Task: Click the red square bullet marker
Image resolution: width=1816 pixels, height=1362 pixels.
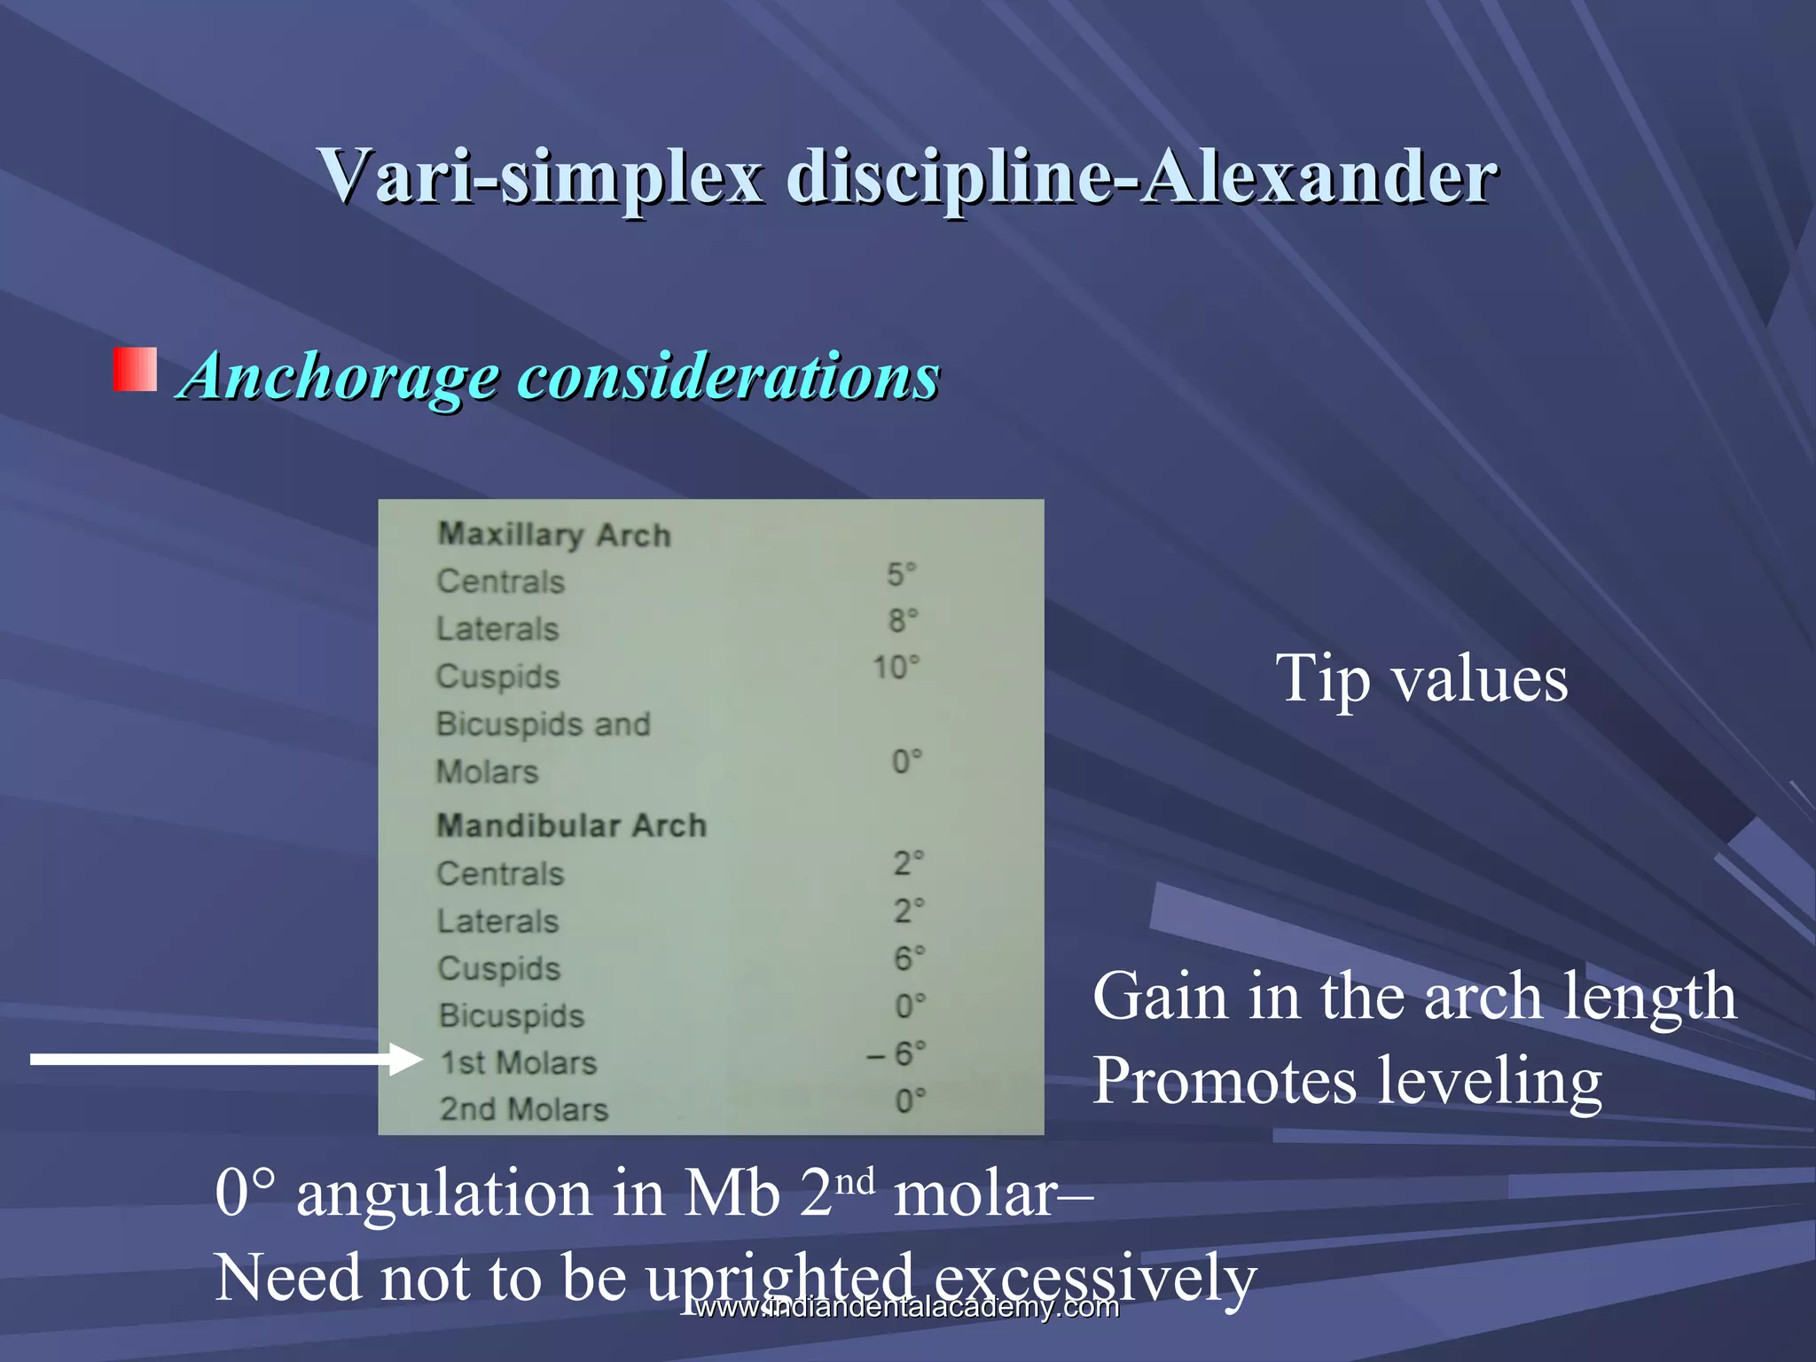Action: click(x=135, y=370)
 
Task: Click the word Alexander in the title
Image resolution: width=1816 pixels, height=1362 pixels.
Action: click(x=1319, y=176)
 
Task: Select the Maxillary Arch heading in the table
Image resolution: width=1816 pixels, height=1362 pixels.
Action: click(x=554, y=535)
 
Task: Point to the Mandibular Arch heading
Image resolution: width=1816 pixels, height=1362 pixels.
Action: click(x=571, y=826)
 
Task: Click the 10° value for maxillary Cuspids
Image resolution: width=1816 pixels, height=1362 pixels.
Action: click(x=896, y=668)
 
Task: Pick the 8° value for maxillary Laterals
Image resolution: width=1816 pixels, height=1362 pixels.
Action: click(x=903, y=621)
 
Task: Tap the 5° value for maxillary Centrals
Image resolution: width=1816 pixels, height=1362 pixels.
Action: click(x=901, y=575)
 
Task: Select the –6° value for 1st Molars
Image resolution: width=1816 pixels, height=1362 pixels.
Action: click(x=896, y=1054)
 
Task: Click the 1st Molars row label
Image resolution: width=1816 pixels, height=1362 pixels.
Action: click(x=519, y=1062)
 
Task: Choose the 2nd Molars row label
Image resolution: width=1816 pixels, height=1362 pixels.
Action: click(x=524, y=1109)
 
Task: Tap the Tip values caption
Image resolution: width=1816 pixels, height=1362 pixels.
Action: click(x=1421, y=679)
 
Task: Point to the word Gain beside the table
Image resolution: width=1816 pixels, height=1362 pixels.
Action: click(x=1160, y=997)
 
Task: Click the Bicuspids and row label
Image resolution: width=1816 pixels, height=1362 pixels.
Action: click(x=543, y=724)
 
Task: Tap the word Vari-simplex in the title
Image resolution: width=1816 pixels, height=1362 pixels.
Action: click(x=541, y=176)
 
